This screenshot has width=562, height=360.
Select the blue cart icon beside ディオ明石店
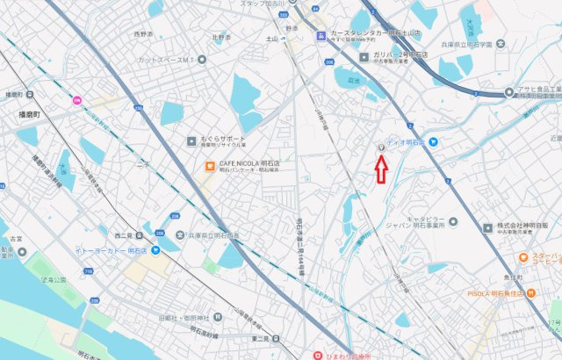coord(433,141)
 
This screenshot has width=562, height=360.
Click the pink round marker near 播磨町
coord(76,99)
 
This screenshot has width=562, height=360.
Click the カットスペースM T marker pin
coord(203,60)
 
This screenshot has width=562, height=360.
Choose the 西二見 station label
coord(122,235)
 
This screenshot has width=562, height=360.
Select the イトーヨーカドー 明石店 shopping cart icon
coord(155,250)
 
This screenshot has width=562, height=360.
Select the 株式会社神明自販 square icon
coord(487,227)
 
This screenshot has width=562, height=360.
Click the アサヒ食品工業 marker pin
coord(509,92)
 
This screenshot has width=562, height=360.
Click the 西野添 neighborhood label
coord(144,34)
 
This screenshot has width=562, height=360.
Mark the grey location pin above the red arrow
coord(381,148)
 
